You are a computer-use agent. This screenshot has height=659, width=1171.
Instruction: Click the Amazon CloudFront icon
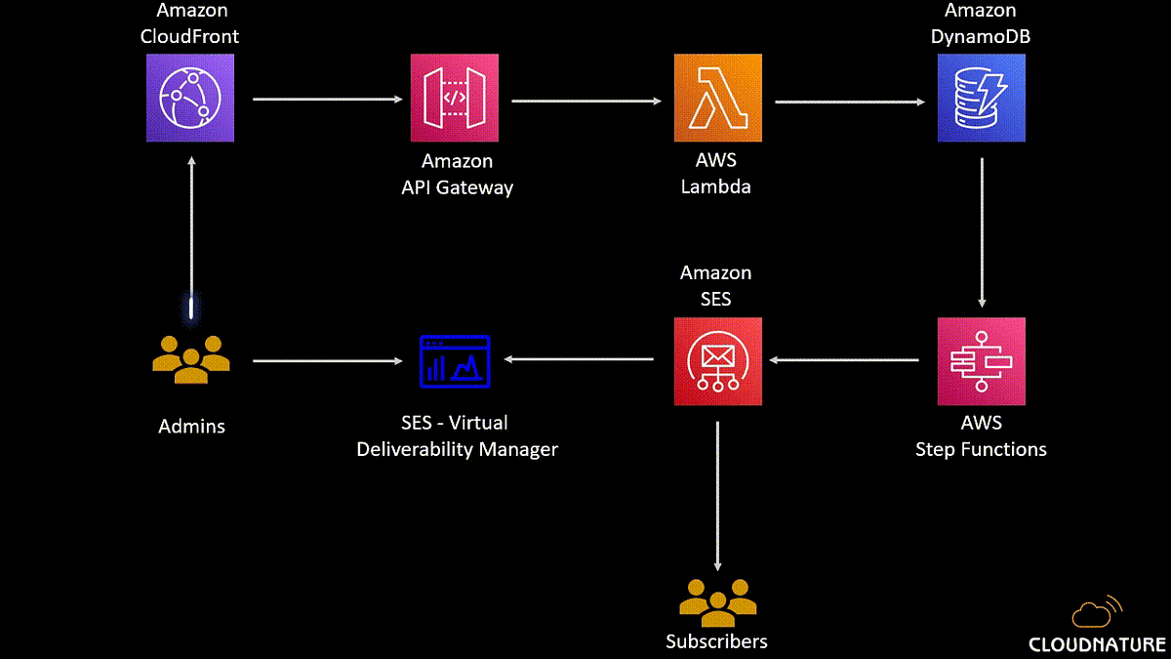(190, 98)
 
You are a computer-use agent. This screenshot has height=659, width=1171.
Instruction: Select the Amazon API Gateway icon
(455, 98)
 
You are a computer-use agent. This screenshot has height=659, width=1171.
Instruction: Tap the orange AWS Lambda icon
(717, 98)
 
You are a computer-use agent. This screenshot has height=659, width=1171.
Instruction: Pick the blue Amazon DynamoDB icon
(981, 98)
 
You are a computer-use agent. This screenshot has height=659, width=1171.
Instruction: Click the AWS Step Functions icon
(981, 361)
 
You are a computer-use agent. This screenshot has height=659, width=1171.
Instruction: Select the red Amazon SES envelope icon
(717, 361)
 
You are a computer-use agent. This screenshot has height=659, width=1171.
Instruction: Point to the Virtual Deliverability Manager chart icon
(455, 359)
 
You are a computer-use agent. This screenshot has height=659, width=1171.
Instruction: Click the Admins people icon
(191, 359)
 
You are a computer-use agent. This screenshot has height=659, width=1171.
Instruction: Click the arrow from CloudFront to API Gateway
(327, 99)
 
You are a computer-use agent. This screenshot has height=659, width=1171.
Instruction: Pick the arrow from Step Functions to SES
(844, 360)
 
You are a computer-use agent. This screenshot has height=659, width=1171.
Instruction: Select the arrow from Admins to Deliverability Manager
(327, 361)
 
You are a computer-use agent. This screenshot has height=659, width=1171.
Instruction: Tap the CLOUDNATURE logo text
(1097, 644)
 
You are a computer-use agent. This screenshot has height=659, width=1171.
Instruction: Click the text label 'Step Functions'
(981, 449)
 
